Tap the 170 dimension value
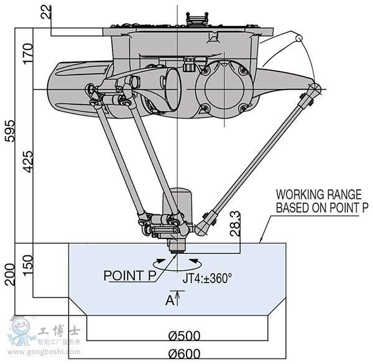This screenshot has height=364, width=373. point(27,58)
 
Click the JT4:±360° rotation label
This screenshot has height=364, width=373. point(207,278)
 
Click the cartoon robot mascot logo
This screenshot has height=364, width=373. point(20,331)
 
